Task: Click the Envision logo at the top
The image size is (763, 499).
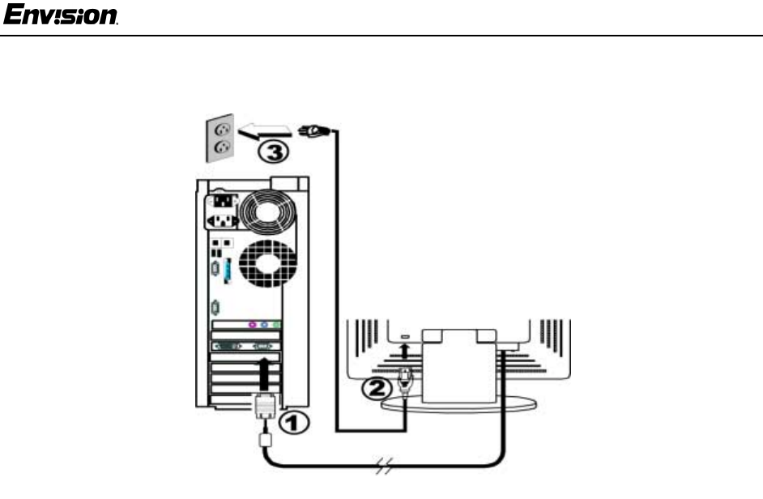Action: tap(62, 15)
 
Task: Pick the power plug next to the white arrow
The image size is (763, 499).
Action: tap(312, 128)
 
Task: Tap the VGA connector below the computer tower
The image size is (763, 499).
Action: tap(266, 406)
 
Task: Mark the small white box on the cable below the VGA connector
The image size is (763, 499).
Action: tap(265, 440)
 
